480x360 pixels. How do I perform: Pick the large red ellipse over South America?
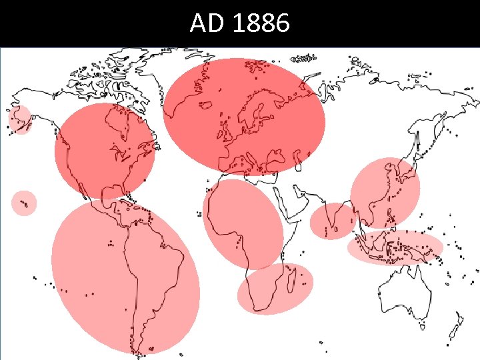pyautogui.click(x=125, y=277)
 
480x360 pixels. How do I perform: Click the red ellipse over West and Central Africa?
pyautogui.click(x=243, y=223)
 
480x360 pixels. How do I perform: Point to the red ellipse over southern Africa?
pyautogui.click(x=275, y=288)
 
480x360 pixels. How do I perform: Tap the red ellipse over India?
pyautogui.click(x=333, y=221)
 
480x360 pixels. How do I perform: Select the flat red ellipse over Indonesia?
pyautogui.click(x=395, y=247)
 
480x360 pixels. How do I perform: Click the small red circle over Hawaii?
pyautogui.click(x=24, y=203)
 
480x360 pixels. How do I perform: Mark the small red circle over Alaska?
pyautogui.click(x=20, y=120)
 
